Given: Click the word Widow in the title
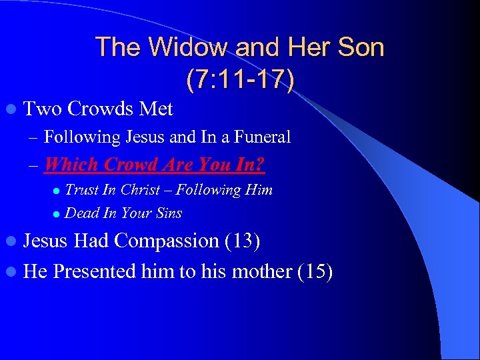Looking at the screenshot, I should (x=177, y=47).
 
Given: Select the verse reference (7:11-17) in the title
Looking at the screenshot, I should (x=240, y=79).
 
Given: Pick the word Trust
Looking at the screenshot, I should (x=82, y=190).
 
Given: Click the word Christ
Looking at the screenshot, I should (x=140, y=190).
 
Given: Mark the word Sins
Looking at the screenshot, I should (x=168, y=213).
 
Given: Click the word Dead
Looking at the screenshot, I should (x=81, y=213).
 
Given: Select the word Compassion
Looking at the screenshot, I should (x=167, y=241).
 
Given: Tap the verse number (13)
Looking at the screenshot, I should (x=242, y=241).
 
